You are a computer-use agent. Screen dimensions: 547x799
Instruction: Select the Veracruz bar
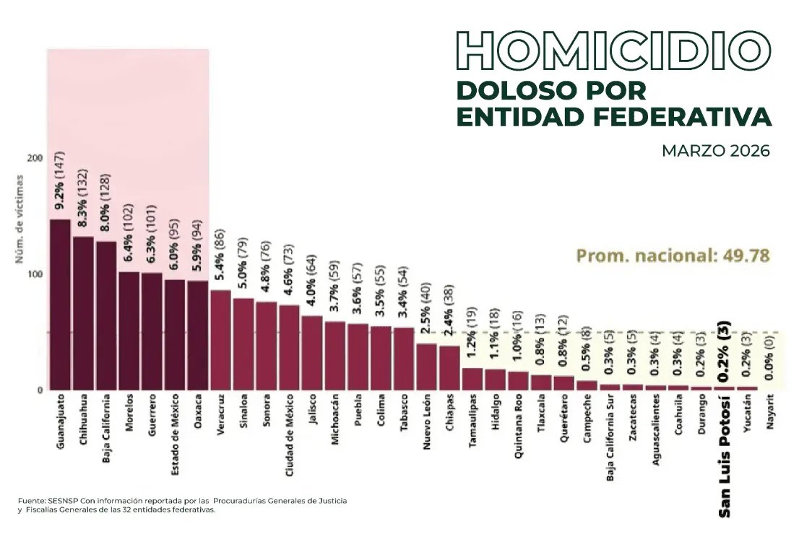click(x=220, y=340)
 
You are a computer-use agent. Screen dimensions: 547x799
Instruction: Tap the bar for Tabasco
click(x=404, y=359)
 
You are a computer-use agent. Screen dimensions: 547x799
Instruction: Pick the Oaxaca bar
click(x=197, y=336)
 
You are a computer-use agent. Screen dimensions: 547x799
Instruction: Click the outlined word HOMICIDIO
click(x=613, y=50)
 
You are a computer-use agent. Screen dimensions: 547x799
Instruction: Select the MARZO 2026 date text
click(x=715, y=152)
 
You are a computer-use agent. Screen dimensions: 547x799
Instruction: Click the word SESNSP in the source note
click(x=66, y=500)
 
